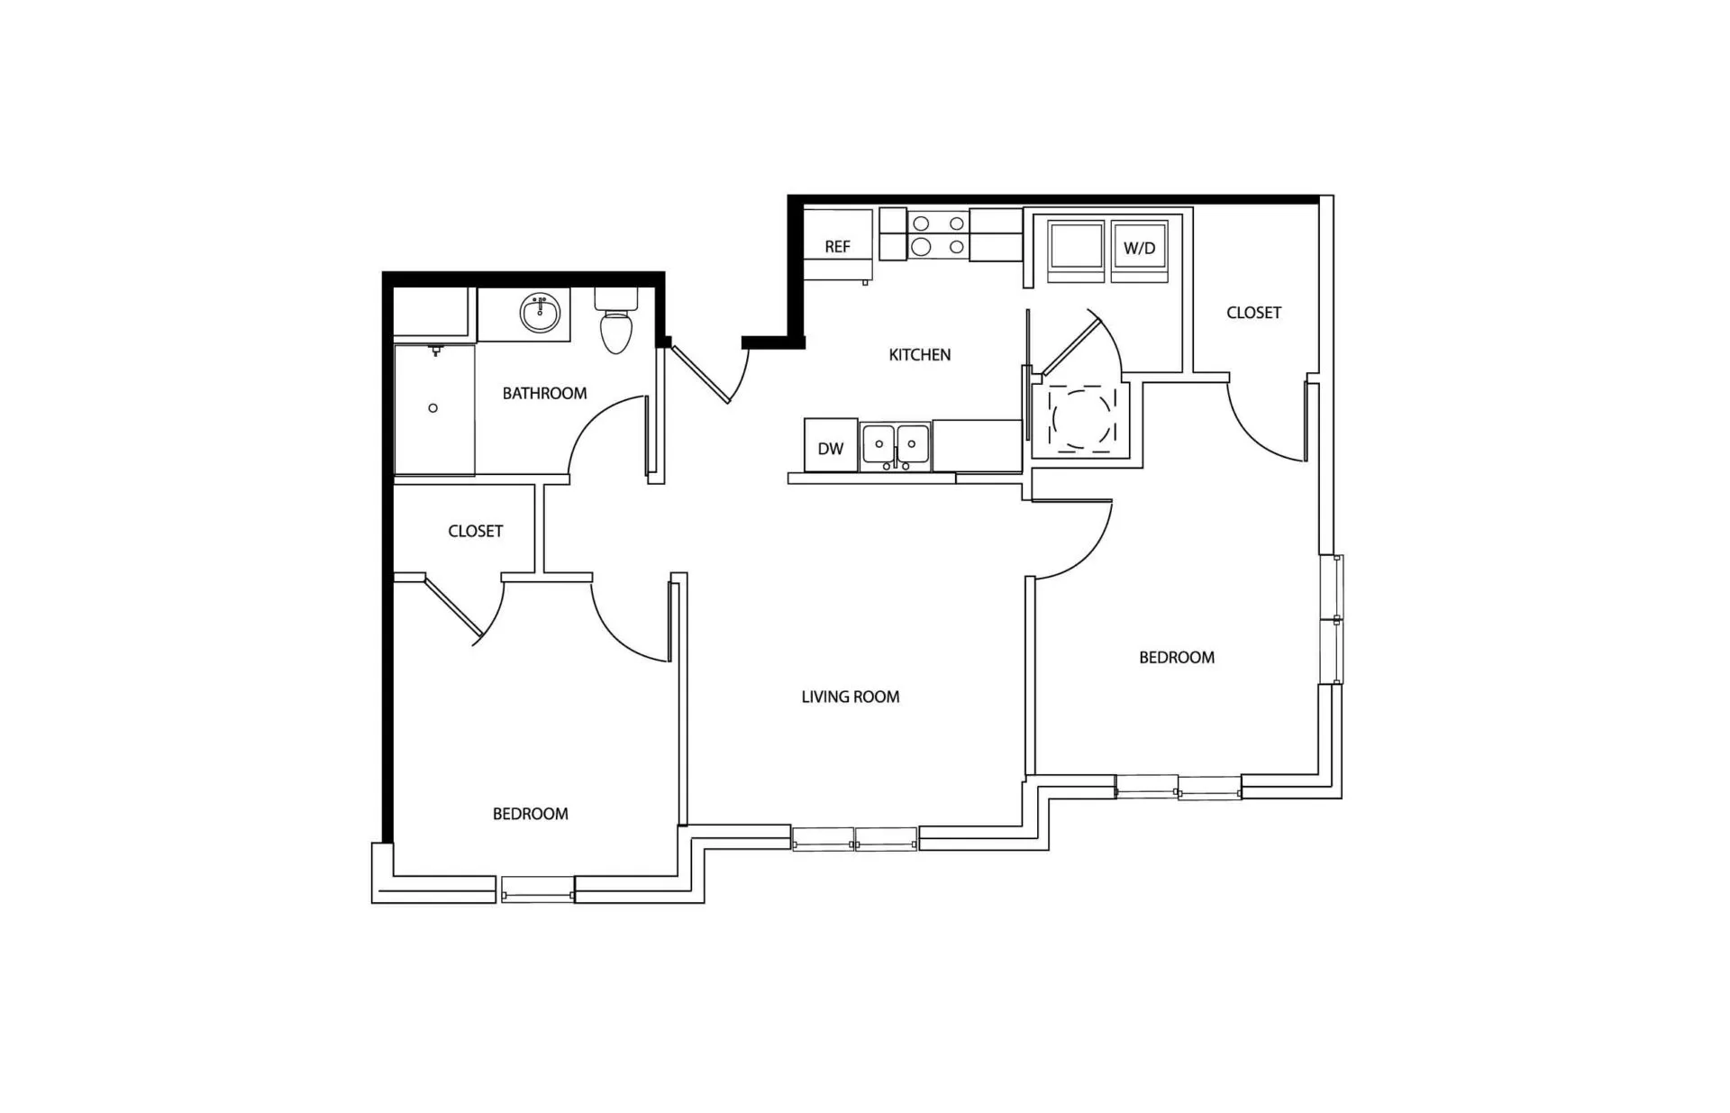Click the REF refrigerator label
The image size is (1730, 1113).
point(837,247)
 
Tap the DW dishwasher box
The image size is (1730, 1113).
point(831,444)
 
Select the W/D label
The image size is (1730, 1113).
point(1139,248)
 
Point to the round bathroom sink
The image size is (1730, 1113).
point(540,314)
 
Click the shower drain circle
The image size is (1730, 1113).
point(433,408)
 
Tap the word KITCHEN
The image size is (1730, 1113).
point(920,355)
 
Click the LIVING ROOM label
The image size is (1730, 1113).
point(851,697)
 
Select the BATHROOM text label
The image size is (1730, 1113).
point(544,394)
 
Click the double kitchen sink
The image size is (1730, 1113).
point(896,445)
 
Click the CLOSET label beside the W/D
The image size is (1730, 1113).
point(1253,313)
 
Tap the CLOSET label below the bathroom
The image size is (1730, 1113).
point(475,532)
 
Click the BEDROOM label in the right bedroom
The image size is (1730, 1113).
point(1177,658)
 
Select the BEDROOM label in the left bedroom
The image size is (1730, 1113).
point(530,814)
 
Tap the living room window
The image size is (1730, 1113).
point(855,839)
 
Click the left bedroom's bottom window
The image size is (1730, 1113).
point(538,889)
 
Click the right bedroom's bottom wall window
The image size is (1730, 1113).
point(1179,787)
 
